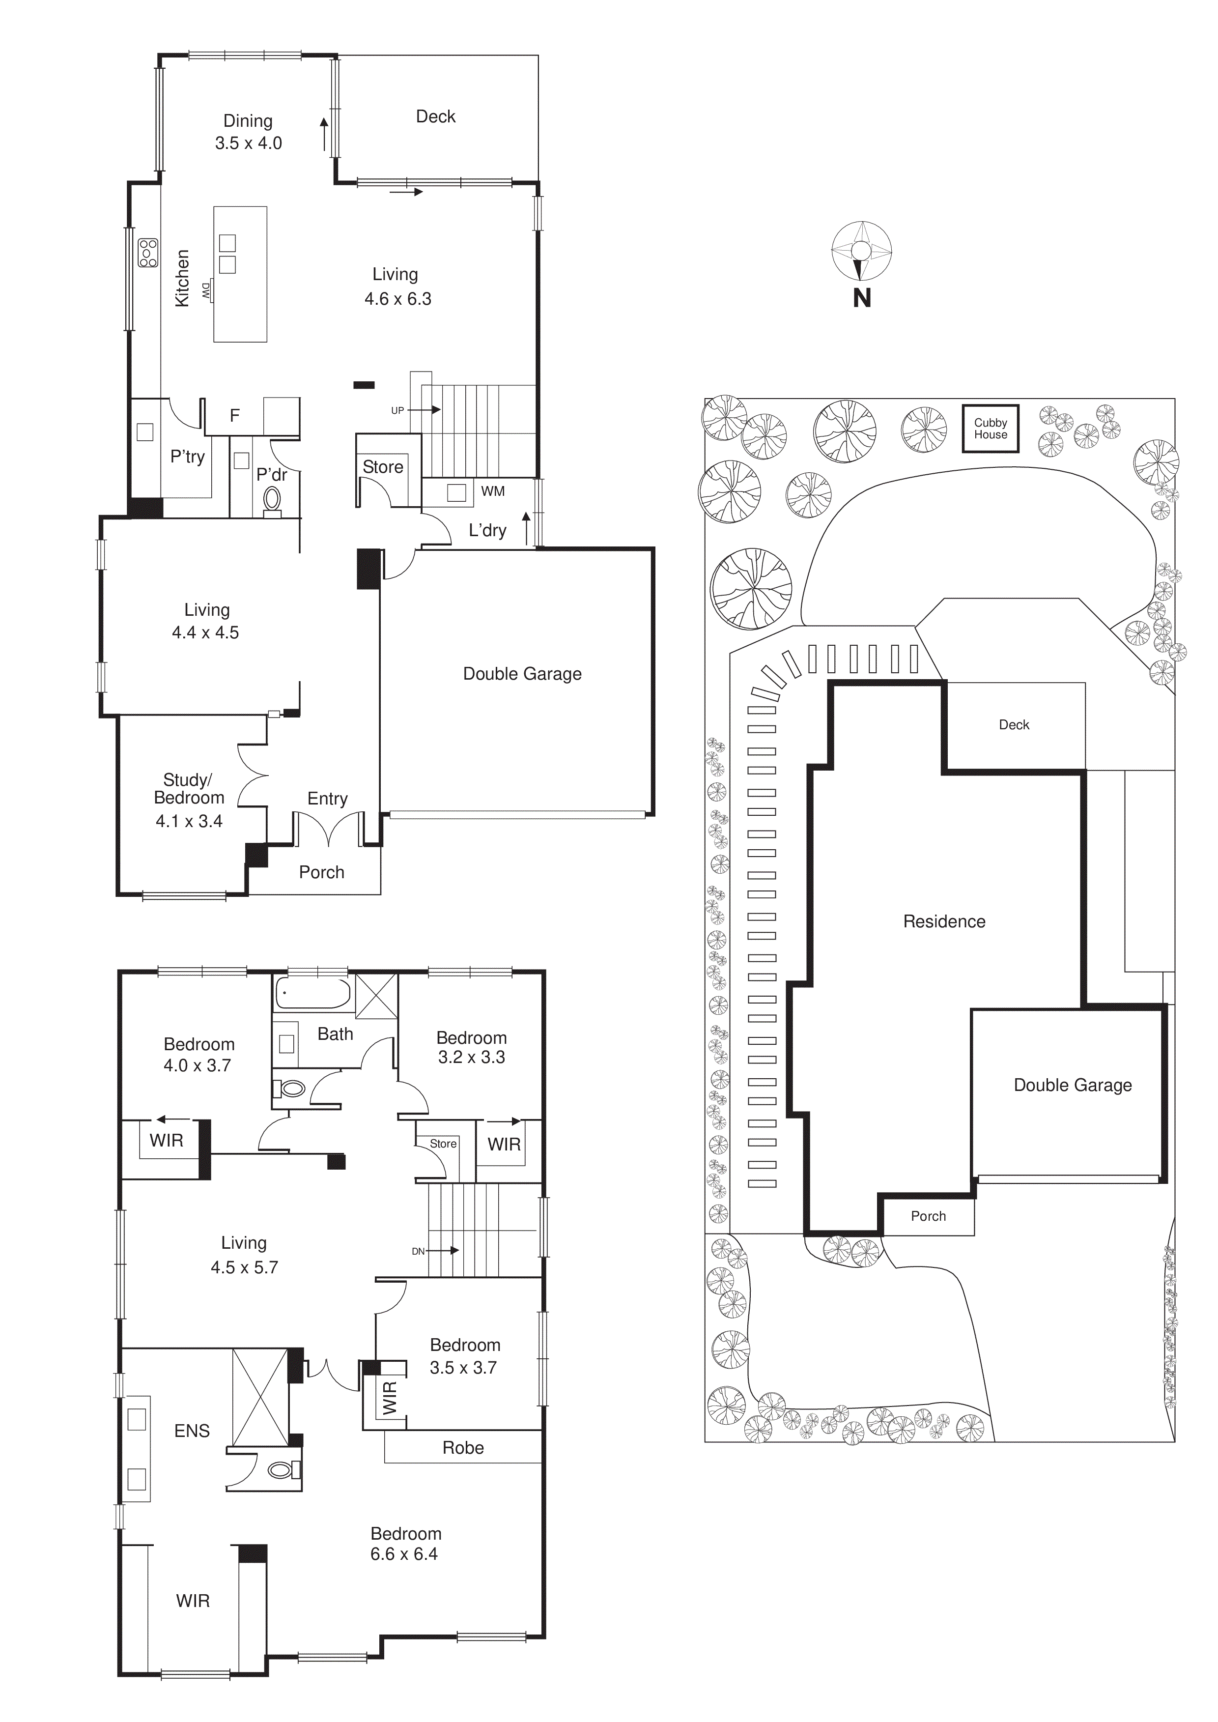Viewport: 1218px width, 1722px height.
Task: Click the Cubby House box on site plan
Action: [990, 428]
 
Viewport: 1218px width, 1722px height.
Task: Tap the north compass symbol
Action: [862, 251]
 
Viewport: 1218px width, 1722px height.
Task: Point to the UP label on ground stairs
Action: [397, 410]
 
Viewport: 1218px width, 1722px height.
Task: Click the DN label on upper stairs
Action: [418, 1251]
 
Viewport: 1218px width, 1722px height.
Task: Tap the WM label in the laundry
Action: [493, 491]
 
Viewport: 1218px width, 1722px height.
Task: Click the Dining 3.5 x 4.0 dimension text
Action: [248, 143]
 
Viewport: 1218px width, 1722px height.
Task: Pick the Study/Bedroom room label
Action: [189, 788]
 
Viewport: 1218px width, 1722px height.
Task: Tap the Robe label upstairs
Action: [463, 1447]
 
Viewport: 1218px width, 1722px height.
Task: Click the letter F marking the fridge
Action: [235, 415]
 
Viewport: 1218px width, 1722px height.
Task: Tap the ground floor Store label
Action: [383, 466]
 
